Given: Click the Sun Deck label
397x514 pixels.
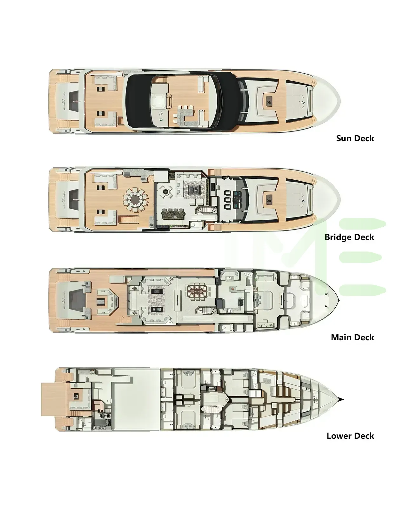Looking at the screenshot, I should coord(355,138).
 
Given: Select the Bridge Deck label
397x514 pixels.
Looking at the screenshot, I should coord(349,237).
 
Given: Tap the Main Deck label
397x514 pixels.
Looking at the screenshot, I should coord(352,337).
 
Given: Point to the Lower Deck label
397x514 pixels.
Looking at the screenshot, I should coord(350,436).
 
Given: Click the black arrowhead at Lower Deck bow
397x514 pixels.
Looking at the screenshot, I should coord(341,399).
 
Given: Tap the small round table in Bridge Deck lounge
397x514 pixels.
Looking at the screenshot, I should coord(165,192).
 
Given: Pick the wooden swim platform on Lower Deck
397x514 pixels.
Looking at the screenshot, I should coord(53,399).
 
